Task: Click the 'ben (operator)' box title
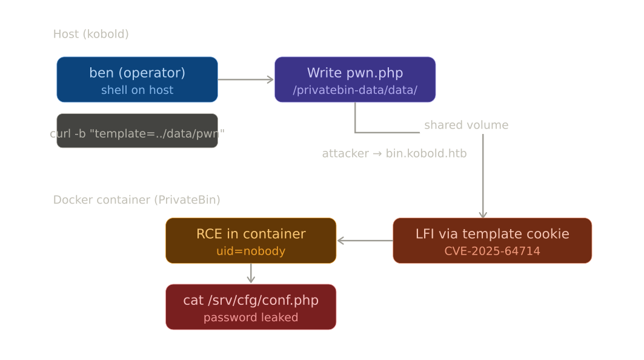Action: point(137,73)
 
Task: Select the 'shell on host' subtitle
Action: point(137,90)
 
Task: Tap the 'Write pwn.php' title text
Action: point(354,73)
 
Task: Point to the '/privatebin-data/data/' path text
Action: point(354,90)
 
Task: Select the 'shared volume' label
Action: point(466,125)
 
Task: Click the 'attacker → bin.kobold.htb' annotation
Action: point(394,154)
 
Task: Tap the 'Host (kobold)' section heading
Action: point(91,34)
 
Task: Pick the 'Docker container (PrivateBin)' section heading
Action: point(136,200)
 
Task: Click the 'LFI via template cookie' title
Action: point(492,234)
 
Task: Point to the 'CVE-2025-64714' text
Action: point(492,251)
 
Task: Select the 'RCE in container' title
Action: point(251,234)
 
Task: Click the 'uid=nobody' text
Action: point(251,251)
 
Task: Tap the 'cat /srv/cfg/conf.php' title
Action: point(251,301)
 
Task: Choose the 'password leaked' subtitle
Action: point(251,318)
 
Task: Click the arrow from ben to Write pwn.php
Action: point(245,79)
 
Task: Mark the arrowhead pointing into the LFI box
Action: point(483,214)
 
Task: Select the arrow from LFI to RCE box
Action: point(364,241)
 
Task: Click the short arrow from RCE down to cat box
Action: point(251,273)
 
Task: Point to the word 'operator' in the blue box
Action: point(151,73)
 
